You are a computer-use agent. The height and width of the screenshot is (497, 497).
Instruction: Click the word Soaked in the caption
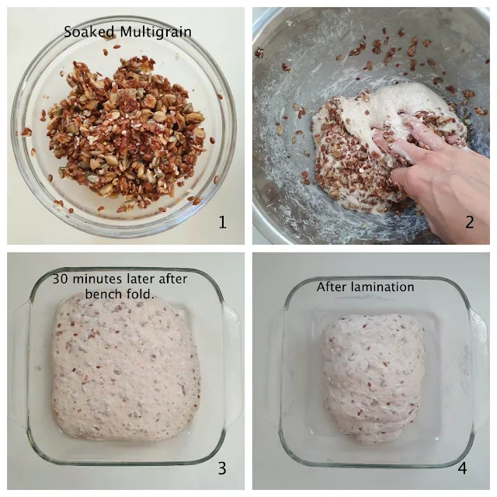coord(89,32)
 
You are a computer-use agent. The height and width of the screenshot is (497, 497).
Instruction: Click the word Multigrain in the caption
coord(155,33)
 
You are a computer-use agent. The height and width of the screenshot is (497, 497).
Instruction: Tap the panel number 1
coord(223,222)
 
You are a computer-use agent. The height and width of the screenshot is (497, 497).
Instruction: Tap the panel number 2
coord(470,222)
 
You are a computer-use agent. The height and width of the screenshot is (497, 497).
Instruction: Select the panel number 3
coord(222,468)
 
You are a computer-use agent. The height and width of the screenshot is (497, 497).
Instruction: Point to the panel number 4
coord(463,468)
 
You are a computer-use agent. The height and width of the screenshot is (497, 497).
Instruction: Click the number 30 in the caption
coord(61,280)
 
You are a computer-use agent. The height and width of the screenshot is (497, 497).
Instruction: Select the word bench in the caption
coord(102,294)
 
